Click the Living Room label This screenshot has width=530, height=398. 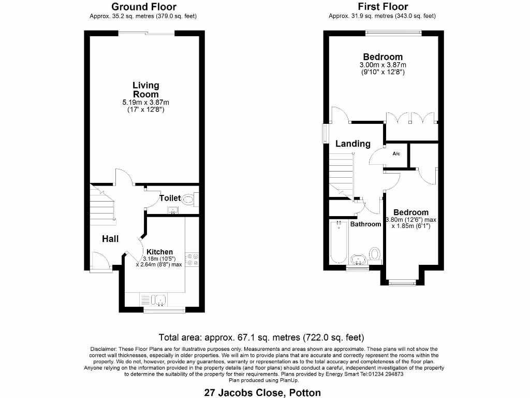click(145, 90)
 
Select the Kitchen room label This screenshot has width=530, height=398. click(159, 252)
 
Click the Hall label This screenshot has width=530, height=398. click(110, 239)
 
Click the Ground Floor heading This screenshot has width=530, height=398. click(143, 7)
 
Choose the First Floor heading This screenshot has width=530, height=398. click(382, 7)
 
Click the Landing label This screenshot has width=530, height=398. click(352, 144)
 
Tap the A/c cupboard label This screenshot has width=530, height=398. click(396, 154)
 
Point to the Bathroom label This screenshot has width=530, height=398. click(365, 224)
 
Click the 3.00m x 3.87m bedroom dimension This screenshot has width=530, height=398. click(382, 65)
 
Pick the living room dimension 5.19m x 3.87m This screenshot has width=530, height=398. click(145, 103)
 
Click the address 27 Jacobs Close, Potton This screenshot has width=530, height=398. click(262, 392)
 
